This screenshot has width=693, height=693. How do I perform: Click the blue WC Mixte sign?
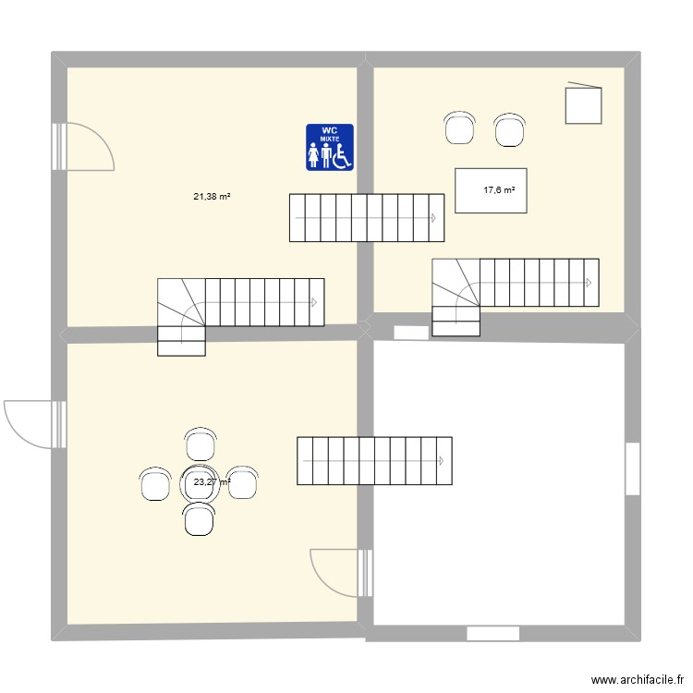click(330, 148)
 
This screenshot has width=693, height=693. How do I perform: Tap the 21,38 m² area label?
click(212, 196)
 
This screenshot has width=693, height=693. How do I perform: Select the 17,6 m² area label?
click(499, 190)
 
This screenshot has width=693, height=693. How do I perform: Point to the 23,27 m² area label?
click(212, 481)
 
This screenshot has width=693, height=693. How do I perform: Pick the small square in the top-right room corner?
click(583, 103)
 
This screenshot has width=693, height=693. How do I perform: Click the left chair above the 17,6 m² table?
click(460, 128)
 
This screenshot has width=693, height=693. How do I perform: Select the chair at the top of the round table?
click(201, 444)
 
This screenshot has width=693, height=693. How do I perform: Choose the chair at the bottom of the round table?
click(200, 519)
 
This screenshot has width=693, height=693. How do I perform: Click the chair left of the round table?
click(155, 483)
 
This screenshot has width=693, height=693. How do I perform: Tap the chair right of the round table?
click(243, 483)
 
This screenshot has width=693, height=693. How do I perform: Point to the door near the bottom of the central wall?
click(336, 572)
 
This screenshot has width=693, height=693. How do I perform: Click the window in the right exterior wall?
click(633, 468)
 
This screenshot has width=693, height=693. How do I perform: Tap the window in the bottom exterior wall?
click(493, 634)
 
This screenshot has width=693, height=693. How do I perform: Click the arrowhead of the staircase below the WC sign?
click(432, 218)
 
